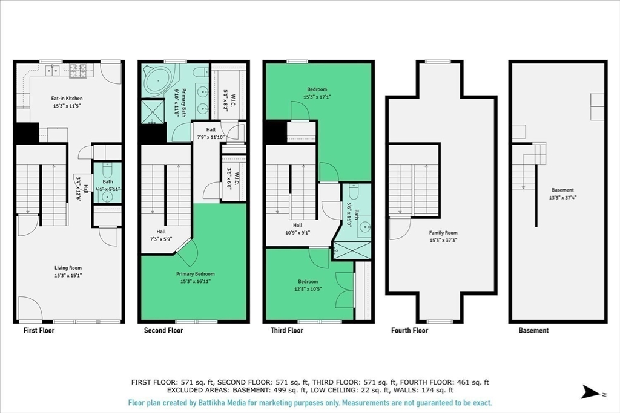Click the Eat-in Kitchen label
coord(67,99)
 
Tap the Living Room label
coord(68,268)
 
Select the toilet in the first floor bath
coord(108,171)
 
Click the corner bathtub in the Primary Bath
coord(158,81)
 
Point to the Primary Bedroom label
coord(196,274)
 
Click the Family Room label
coord(443,233)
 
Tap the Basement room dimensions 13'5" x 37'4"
coord(562,197)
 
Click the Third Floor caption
coord(286,331)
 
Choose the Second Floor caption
coord(163,331)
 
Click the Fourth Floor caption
coord(409,331)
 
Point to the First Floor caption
coord(39,331)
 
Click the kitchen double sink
coord(53,70)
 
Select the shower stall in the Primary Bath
coord(153,112)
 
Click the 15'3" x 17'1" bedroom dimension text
coord(317,97)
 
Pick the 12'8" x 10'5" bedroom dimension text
coord(308,289)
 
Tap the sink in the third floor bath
coord(365,227)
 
